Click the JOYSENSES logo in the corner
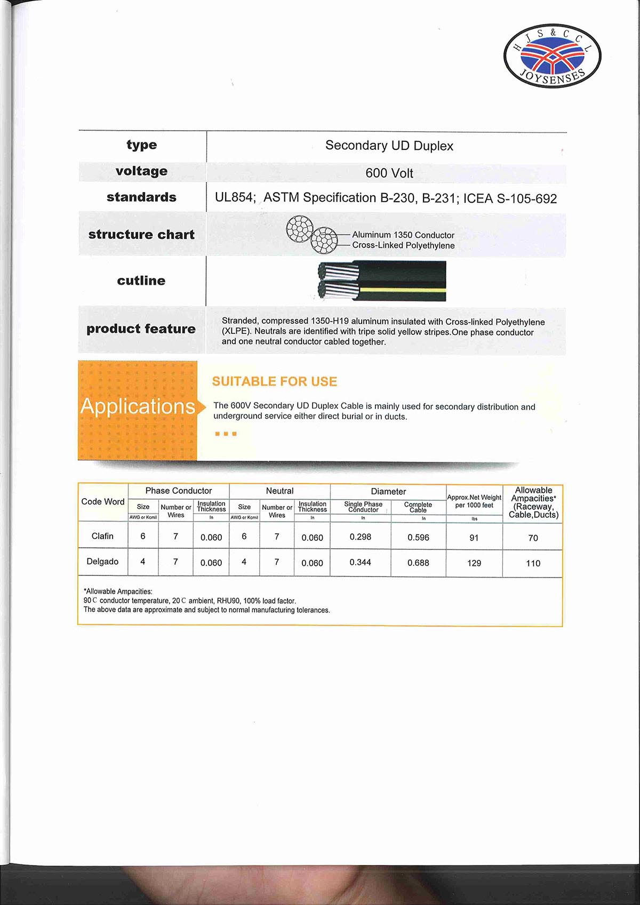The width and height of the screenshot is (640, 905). [552, 56]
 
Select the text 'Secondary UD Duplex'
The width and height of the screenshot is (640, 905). [389, 146]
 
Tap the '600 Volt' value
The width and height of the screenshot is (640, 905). [389, 173]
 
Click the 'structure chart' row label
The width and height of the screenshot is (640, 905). [141, 235]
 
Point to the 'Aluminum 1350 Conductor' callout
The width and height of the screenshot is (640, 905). [403, 235]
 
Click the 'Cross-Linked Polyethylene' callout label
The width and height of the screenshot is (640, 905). [403, 245]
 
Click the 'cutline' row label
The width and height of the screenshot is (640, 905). [141, 281]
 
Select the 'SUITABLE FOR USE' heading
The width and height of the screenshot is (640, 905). [275, 381]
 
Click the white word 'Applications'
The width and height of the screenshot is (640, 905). [138, 406]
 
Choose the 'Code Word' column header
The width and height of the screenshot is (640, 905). [103, 502]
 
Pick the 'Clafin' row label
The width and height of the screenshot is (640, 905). [102, 536]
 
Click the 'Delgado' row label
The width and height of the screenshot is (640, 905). [102, 562]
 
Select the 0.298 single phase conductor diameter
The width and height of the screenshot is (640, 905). [361, 537]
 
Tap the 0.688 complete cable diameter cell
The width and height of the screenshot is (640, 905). [418, 563]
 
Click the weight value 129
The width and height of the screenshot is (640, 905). [474, 563]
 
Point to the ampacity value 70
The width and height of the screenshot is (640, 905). [533, 538]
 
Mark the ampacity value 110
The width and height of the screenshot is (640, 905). [533, 563]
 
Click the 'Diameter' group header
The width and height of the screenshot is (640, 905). [388, 492]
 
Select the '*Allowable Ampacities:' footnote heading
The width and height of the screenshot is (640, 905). [118, 591]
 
